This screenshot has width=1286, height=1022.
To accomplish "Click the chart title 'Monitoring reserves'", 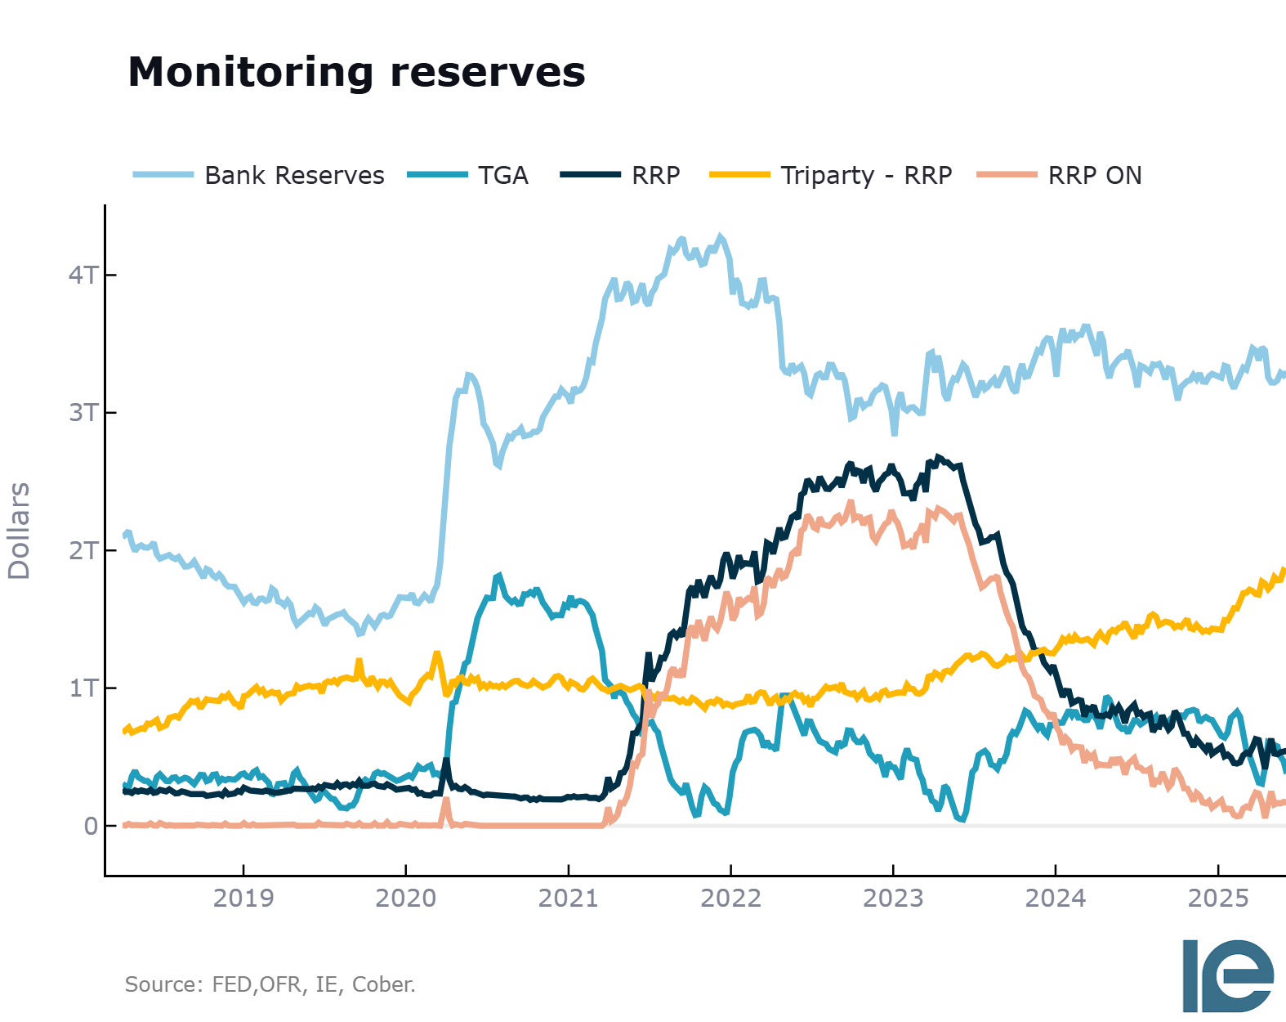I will click(x=356, y=72).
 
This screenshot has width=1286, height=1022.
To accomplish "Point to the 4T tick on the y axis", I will click(x=83, y=275).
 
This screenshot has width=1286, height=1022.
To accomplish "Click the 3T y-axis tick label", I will click(x=83, y=412).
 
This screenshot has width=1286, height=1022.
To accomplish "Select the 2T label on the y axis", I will click(x=83, y=550).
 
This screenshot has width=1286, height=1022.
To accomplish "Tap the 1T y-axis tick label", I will click(x=83, y=688).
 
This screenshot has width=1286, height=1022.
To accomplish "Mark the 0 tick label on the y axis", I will click(x=91, y=826).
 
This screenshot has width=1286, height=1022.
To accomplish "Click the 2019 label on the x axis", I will click(x=243, y=898).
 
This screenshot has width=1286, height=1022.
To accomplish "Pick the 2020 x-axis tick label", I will click(x=406, y=898).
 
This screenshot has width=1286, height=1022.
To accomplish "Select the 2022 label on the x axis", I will click(x=730, y=898).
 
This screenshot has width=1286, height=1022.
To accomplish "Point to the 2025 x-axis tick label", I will click(x=1217, y=898).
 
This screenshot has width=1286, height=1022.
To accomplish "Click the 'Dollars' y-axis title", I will click(x=19, y=531).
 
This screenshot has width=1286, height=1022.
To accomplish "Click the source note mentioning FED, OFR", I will click(x=270, y=984).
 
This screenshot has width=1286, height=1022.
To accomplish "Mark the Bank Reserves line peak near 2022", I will click(x=720, y=236).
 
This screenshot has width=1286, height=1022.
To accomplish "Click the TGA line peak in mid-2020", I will click(x=499, y=576).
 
